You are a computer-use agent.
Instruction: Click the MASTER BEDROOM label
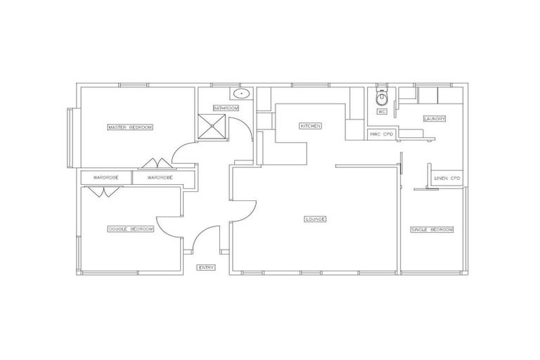130,127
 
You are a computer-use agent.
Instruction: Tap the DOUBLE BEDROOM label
130,229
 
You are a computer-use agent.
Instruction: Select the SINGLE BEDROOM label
432,230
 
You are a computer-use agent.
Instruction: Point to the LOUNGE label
315,219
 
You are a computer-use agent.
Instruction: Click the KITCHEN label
310,126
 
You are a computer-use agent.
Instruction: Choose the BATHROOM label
226,108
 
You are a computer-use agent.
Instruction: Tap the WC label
382,112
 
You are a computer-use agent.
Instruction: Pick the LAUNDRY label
434,119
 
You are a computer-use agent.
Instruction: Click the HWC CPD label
380,134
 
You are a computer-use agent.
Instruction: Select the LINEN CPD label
447,178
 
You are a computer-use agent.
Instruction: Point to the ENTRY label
206,267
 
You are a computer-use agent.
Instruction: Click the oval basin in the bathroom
241,94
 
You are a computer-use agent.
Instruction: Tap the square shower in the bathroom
214,127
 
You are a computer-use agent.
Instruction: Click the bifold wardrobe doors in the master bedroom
153,165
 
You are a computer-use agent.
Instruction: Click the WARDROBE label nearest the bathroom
160,179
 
